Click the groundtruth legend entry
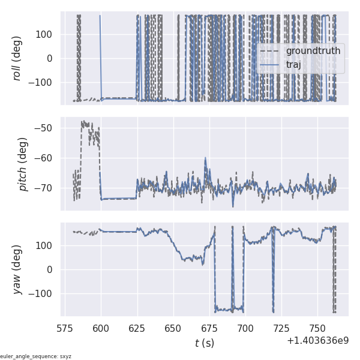(x=313, y=51)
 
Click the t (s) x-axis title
(x=205, y=343)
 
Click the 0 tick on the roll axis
(x=52, y=58)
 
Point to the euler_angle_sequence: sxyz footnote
(x=36, y=356)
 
